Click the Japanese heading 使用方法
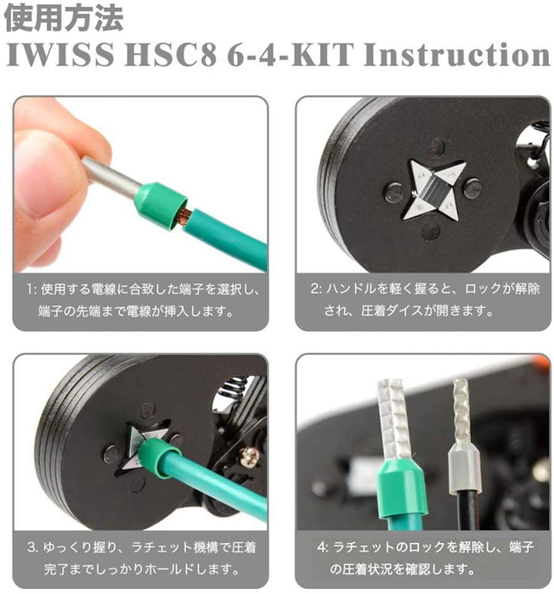pos(64,18)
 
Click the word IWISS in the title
pos(60,54)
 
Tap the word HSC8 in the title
pos(171,54)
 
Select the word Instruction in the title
pos(456,54)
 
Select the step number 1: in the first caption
pos(32,290)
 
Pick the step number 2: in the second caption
pos(316,289)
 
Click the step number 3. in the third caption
pos(32,548)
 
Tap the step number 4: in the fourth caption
pos(322,547)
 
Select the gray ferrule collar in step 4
pos(464,468)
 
